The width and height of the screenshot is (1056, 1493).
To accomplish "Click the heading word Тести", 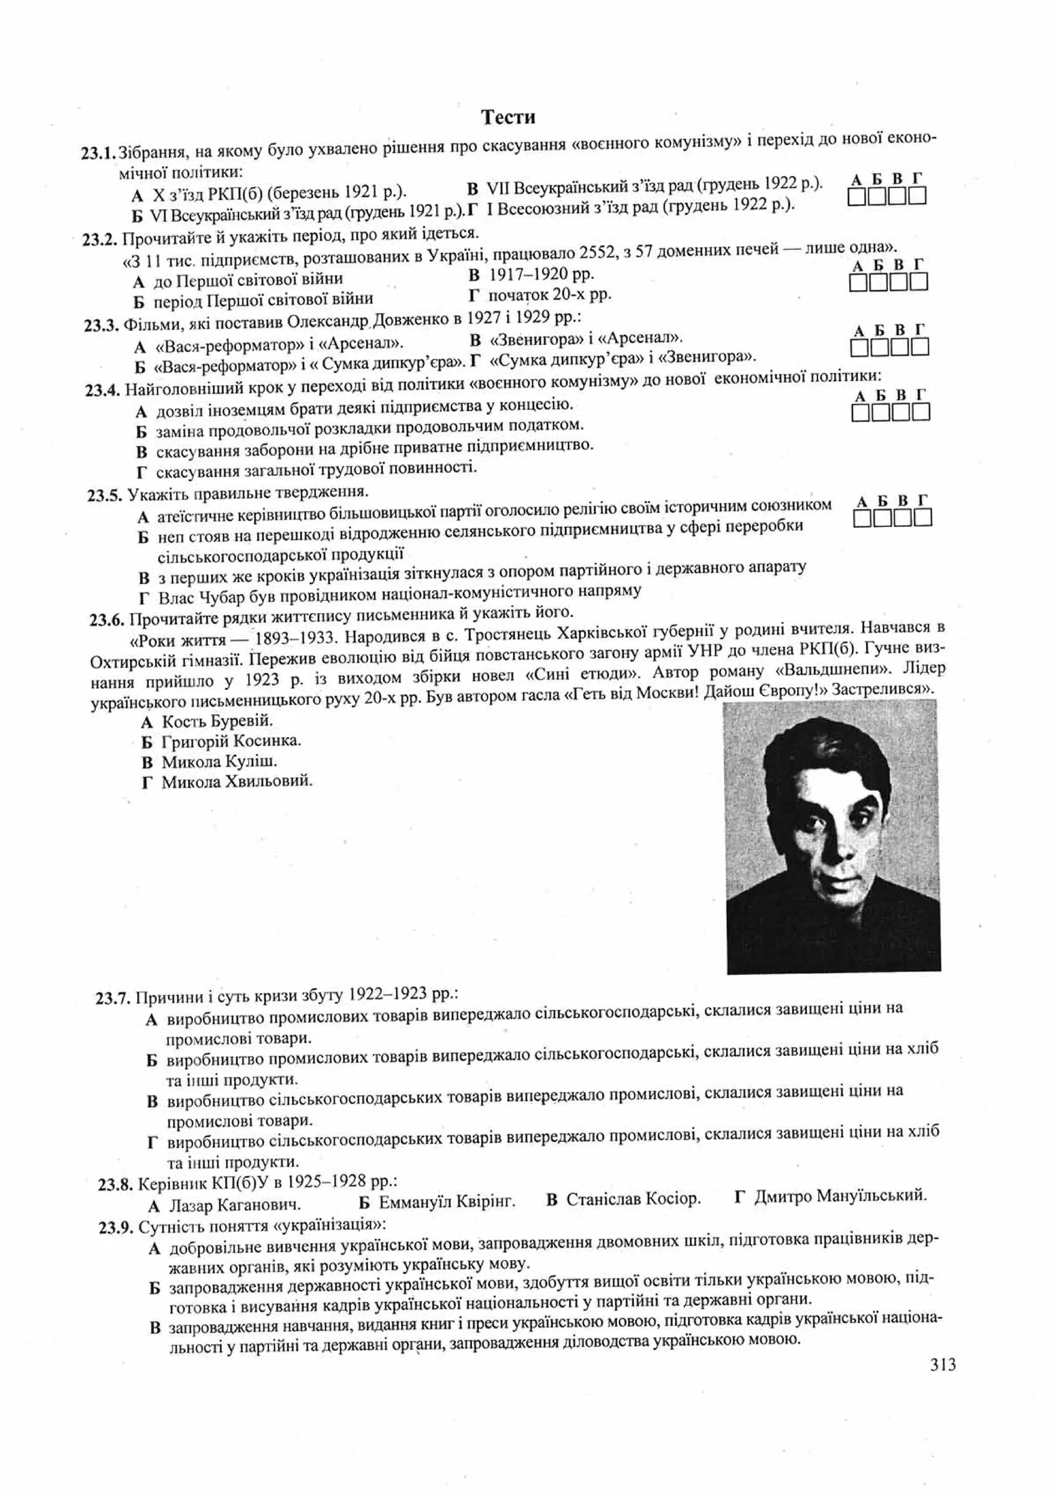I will [508, 117].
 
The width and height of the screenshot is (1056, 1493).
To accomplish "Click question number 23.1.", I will [98, 154].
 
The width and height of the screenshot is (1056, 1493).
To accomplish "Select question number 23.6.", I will [107, 620].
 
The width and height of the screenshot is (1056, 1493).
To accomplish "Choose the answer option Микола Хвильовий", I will [237, 782].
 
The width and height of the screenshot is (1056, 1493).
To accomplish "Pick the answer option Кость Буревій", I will [217, 721].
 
